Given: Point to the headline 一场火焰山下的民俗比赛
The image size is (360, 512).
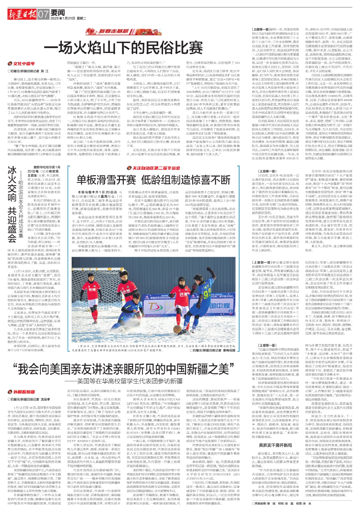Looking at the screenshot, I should pyautogui.click(x=125, y=48).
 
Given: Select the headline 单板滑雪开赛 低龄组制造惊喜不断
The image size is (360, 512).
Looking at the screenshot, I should pyautogui.click(x=153, y=180).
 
